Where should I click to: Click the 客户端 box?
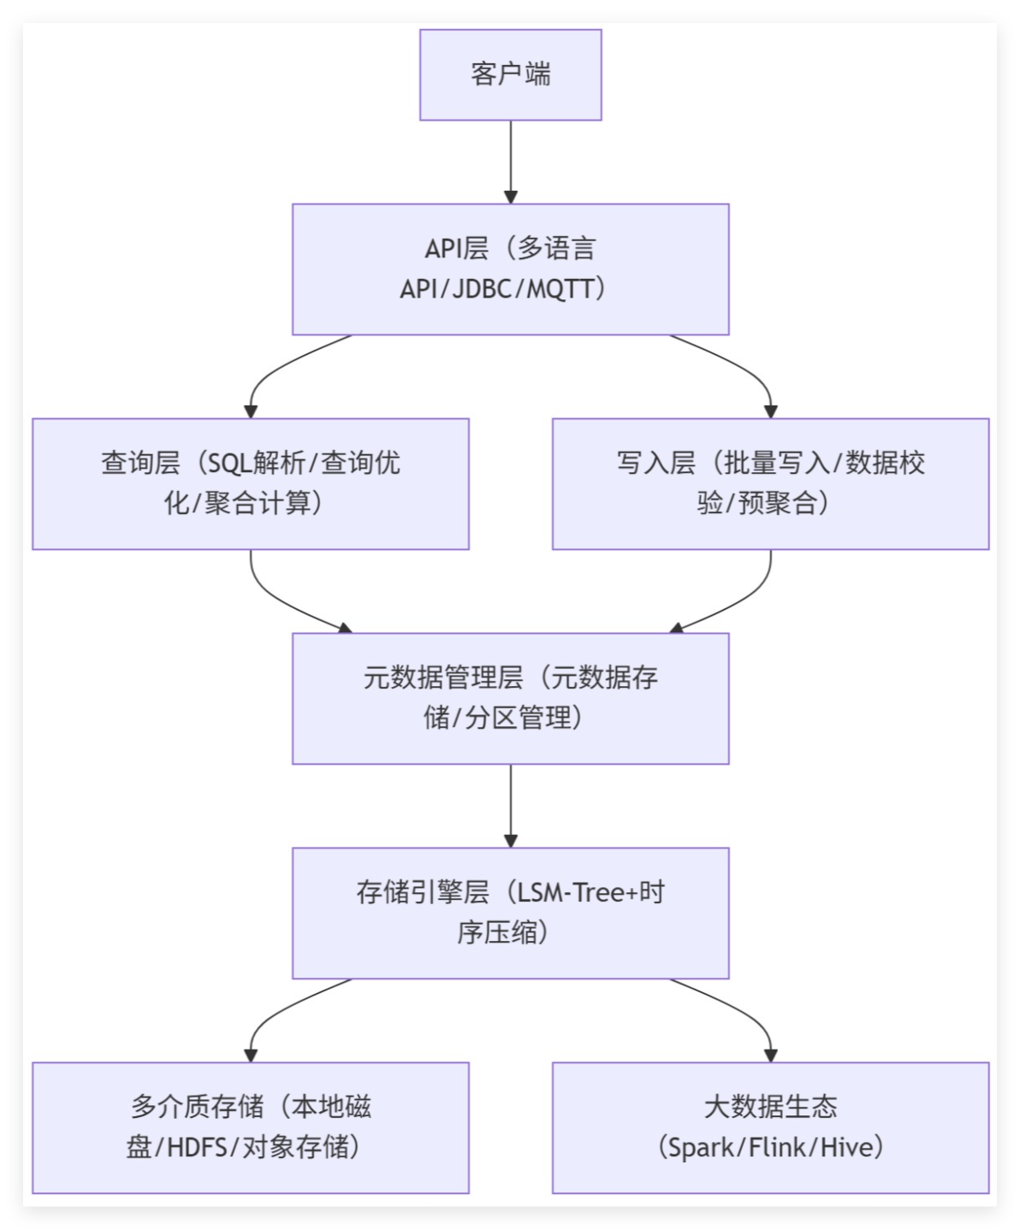[x=510, y=74]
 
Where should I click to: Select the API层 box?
[x=510, y=269]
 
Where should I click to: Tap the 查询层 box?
[x=250, y=483]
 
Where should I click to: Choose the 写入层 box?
[x=770, y=483]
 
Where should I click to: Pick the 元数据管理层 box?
[x=510, y=698]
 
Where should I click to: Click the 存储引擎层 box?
[x=510, y=913]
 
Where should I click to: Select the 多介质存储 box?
[x=250, y=1127]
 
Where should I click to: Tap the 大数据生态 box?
[x=770, y=1127]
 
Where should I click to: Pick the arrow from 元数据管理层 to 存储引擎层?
[x=511, y=804]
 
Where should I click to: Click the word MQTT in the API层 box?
[x=560, y=289]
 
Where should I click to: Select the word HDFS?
[x=200, y=1147]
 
